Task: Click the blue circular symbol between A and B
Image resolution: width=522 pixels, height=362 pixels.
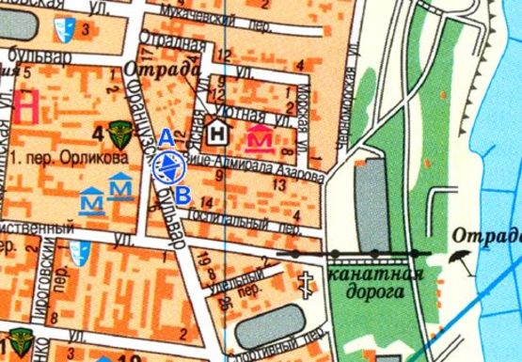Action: coord(166,167)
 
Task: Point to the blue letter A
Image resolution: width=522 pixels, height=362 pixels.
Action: coord(164,138)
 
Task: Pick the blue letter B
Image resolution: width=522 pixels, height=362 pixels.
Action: coord(185,195)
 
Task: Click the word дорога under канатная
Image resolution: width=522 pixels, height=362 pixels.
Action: coord(372,292)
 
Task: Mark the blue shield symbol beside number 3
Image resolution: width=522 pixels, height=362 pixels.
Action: coord(65,30)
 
